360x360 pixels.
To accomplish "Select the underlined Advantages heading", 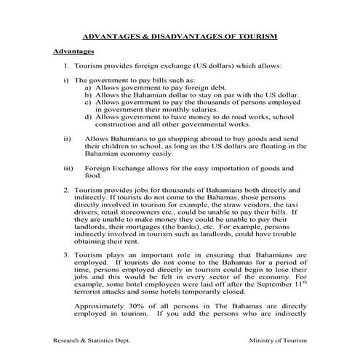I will (x=74, y=52).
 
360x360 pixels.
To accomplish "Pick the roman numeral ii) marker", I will (x=68, y=138).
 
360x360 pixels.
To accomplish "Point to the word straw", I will (x=230, y=204).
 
